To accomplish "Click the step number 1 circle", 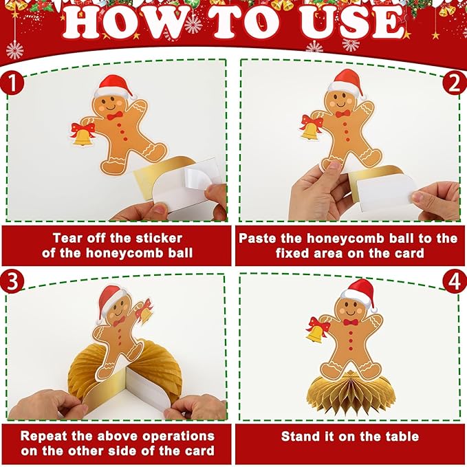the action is [12, 83].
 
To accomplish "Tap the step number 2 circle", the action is [455, 83].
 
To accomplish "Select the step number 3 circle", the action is [12, 281].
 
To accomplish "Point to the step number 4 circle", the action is [455, 281].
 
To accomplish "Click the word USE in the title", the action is [351, 23].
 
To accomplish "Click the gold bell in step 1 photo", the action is [83, 138].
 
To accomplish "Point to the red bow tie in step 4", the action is [351, 322].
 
